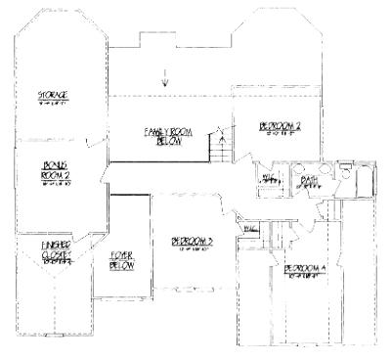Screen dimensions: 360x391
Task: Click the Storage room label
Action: (52, 95)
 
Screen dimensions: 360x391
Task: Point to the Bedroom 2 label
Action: (278, 126)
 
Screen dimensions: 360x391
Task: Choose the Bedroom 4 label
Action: (304, 268)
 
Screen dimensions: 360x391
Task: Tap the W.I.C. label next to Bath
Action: (265, 178)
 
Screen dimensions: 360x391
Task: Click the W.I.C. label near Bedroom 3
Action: (247, 228)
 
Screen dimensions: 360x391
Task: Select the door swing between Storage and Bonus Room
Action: (91, 143)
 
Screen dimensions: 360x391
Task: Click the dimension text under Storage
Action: (52, 102)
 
